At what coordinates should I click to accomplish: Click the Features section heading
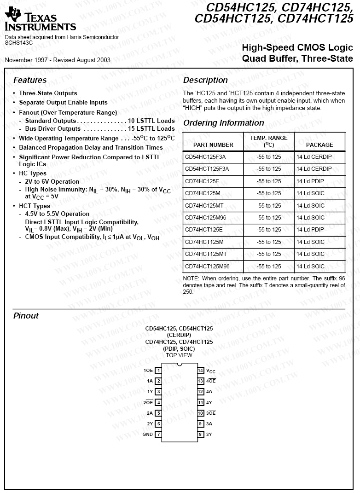[x=30, y=80]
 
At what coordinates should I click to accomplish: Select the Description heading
[x=205, y=80]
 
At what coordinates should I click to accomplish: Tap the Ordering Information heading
[x=224, y=123]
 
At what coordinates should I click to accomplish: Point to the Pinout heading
[x=26, y=316]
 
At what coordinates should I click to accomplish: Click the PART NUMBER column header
[x=213, y=145]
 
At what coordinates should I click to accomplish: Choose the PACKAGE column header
[x=319, y=145]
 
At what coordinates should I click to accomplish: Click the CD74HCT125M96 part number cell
[x=207, y=267]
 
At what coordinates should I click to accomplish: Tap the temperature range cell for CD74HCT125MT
[x=269, y=254]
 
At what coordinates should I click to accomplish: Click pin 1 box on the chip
[x=158, y=371]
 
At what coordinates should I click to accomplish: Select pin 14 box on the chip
[x=201, y=371]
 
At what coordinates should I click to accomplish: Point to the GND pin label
[x=147, y=435]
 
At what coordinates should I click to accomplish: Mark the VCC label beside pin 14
[x=211, y=371]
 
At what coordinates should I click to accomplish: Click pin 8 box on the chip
[x=201, y=435]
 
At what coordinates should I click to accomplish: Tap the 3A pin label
[x=209, y=424]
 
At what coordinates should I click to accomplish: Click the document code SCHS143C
[x=19, y=42]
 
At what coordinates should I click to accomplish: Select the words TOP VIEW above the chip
[x=179, y=355]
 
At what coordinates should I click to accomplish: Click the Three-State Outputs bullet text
[x=48, y=93]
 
